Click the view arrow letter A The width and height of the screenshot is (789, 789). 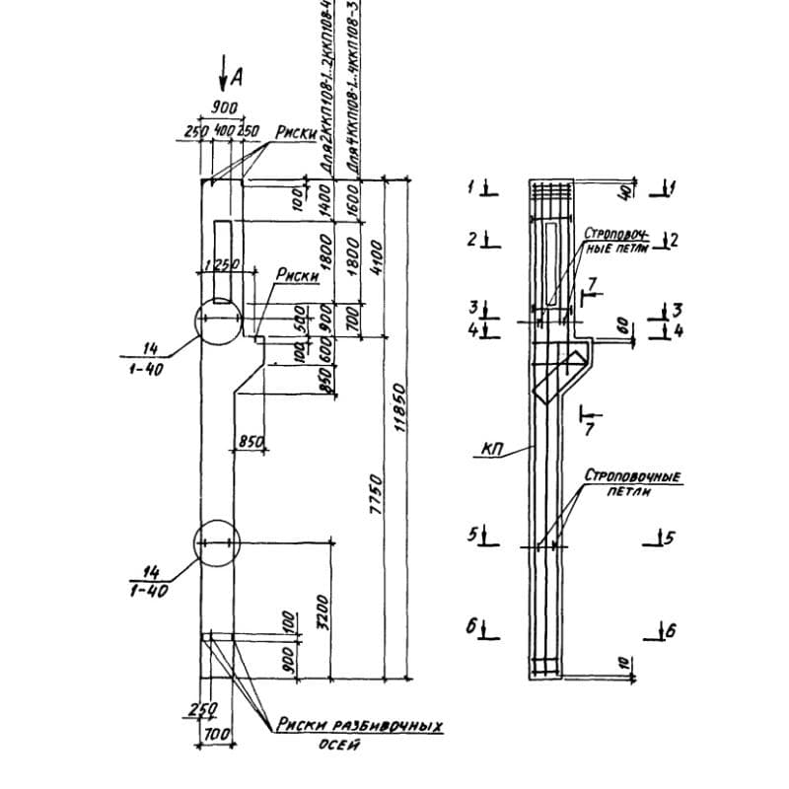(236, 75)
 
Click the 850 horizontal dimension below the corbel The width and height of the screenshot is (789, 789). (251, 443)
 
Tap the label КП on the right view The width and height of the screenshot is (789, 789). (493, 450)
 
